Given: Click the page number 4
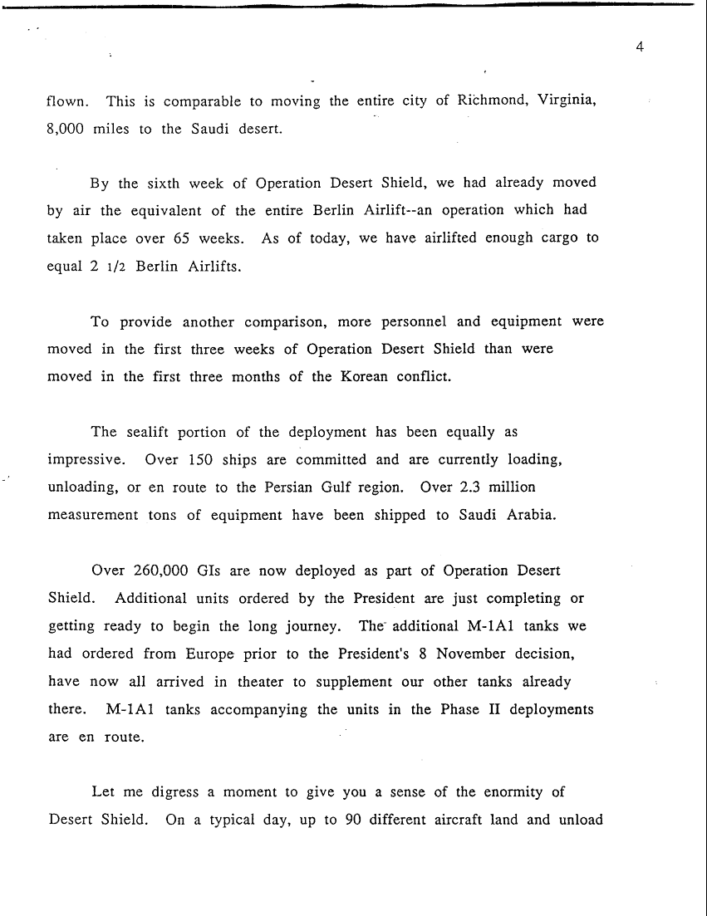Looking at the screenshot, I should [640, 47].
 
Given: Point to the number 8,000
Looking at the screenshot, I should [66, 130].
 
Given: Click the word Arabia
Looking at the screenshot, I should [528, 514].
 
